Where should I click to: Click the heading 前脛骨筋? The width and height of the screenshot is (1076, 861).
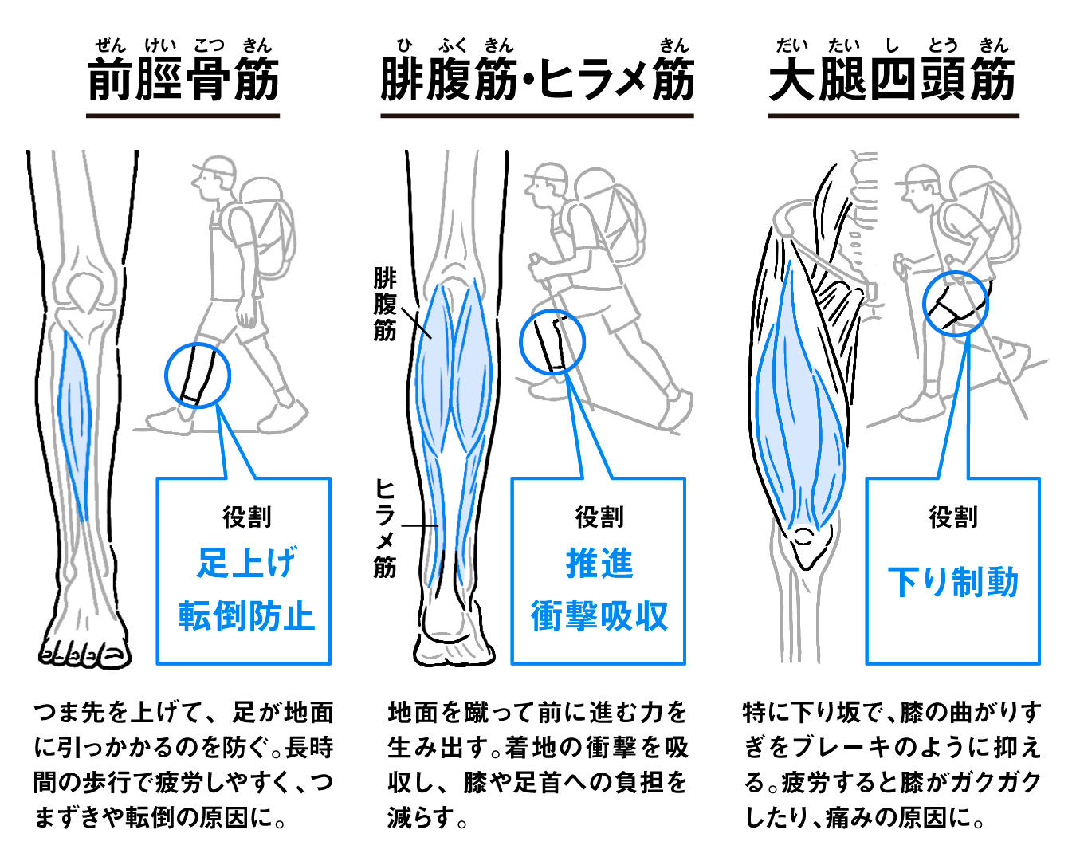183,79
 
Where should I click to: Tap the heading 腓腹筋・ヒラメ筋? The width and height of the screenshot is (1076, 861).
537,79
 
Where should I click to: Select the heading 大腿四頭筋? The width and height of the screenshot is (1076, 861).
893,79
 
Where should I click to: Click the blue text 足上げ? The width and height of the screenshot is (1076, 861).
247,562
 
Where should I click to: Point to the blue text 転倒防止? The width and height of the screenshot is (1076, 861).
246,615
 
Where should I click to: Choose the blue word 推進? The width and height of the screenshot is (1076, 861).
599,563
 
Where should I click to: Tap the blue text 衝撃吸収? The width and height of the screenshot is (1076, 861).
599,616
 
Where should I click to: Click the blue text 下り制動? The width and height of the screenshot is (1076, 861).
953,582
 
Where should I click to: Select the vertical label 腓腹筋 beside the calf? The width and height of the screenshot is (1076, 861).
385,305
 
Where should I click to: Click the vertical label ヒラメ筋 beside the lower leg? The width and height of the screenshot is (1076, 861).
385,529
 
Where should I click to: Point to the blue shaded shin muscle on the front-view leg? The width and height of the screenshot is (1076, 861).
75,425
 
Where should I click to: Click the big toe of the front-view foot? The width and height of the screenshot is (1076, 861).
116,653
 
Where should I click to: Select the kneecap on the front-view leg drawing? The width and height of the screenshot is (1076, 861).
86,292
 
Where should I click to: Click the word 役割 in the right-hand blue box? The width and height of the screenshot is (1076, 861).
953,517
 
